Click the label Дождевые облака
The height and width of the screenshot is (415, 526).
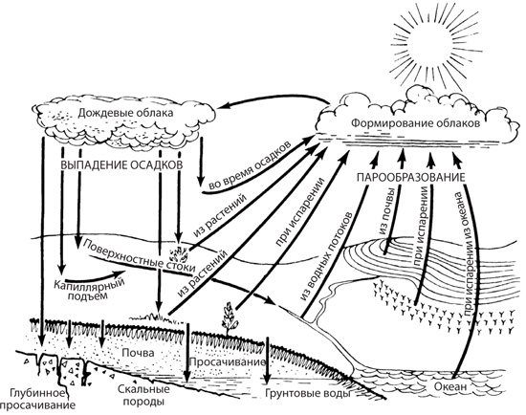pos(126,113)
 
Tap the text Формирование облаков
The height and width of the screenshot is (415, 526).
pos(415,123)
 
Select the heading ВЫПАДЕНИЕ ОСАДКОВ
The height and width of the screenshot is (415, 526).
pos(121,165)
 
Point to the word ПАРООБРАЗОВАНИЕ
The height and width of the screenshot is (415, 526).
pos(411,177)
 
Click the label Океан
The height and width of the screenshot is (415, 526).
pos(450,386)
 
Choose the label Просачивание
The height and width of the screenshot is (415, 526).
pos(228,362)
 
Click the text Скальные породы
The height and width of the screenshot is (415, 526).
pos(143,395)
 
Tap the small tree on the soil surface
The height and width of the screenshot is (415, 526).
pos(230,318)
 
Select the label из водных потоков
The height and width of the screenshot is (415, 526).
pos(326,256)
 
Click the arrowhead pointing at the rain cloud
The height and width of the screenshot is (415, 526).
pos(222,106)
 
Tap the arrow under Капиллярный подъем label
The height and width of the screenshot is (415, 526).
pos(94,275)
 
